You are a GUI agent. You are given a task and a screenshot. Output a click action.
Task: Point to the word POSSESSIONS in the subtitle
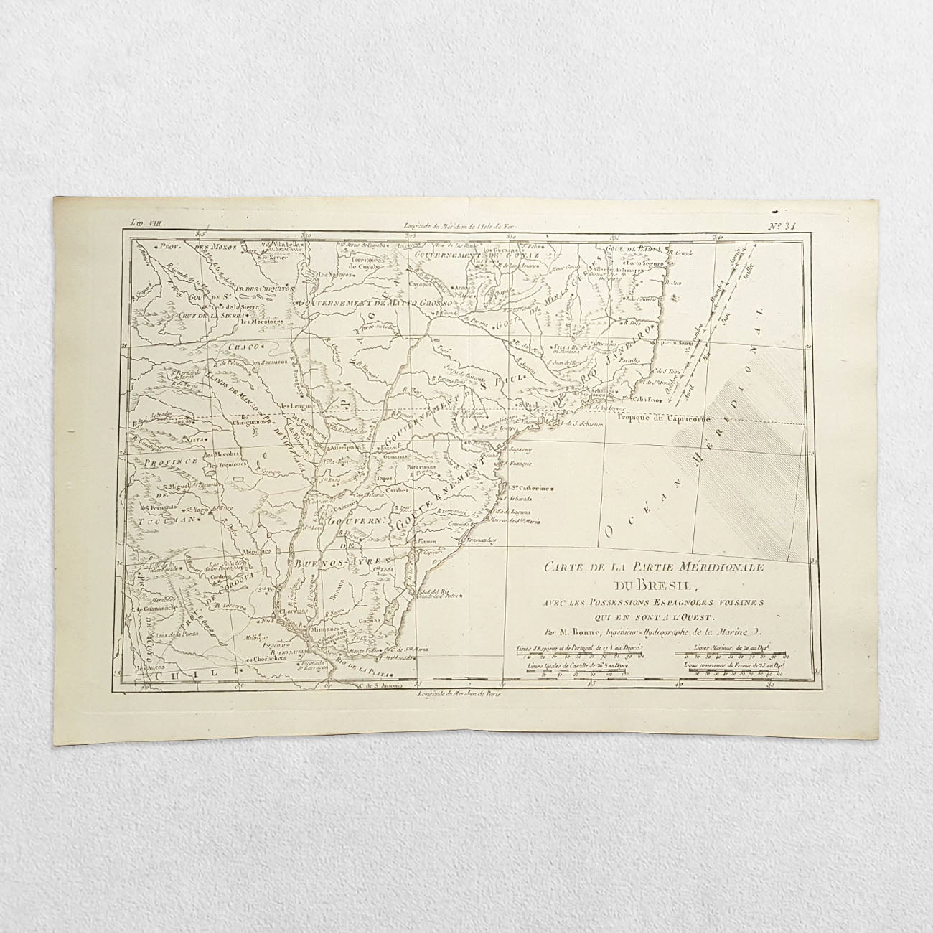619,601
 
